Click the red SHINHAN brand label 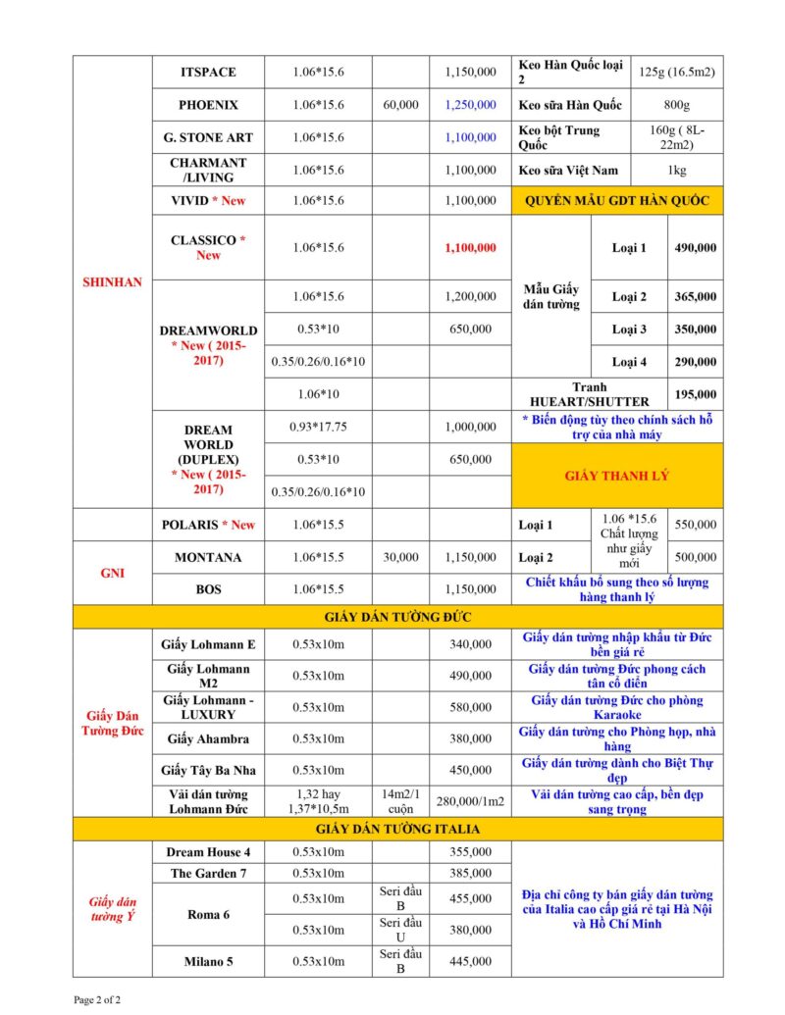(113, 282)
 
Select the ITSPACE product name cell (208, 73)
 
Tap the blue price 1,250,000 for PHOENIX (470, 105)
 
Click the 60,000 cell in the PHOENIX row (401, 105)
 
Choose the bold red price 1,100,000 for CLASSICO (470, 248)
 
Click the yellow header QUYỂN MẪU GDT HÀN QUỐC (617, 201)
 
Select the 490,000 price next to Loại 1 (695, 248)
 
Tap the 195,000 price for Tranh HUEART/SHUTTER (695, 393)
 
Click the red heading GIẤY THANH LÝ (617, 476)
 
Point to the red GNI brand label (113, 573)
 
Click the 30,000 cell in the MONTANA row (401, 557)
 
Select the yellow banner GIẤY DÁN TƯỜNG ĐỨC (397, 617)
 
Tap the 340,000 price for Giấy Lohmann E (470, 644)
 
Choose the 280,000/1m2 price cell (470, 801)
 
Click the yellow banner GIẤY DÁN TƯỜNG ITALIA (397, 829)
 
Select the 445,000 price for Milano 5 (470, 961)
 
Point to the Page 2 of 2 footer (98, 999)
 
